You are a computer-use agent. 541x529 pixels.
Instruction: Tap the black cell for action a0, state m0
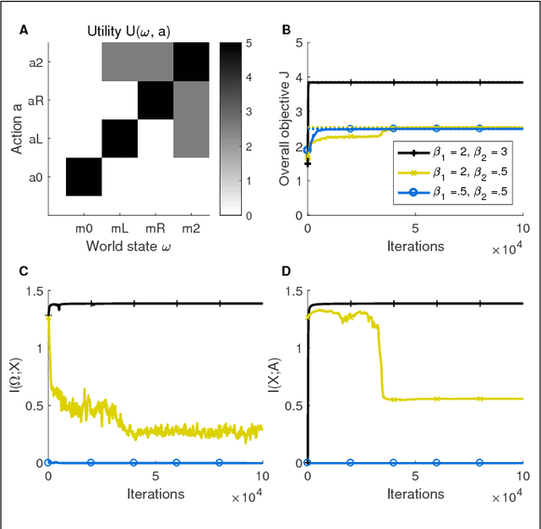tap(84, 177)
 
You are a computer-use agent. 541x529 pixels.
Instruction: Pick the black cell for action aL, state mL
tap(120, 139)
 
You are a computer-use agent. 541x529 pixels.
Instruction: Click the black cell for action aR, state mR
tap(156, 101)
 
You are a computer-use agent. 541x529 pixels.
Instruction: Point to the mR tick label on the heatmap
tap(156, 228)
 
